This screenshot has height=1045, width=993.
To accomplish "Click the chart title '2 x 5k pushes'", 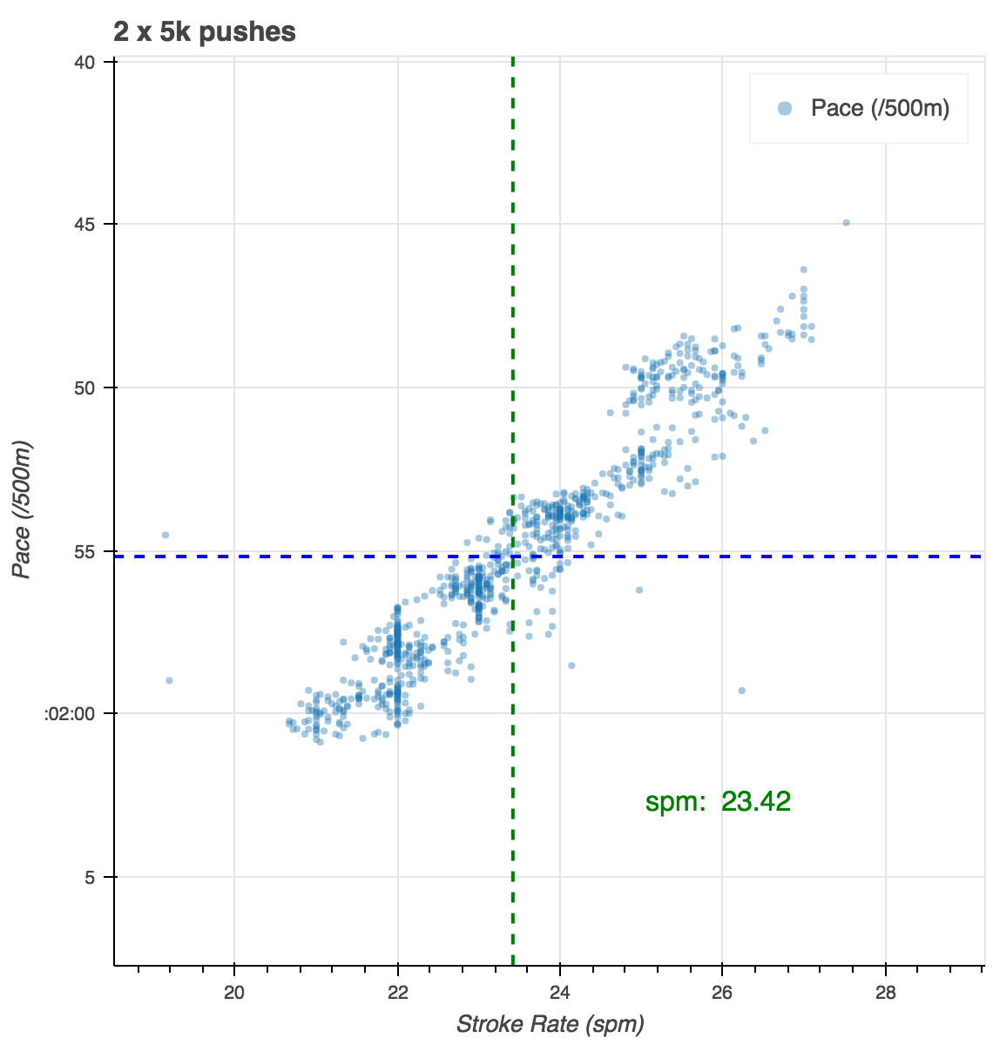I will click(x=205, y=32).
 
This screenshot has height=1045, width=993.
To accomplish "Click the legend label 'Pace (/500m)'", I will click(x=880, y=108).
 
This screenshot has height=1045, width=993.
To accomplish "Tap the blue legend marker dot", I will click(x=785, y=108).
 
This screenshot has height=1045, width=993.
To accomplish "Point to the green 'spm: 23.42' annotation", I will click(x=718, y=801).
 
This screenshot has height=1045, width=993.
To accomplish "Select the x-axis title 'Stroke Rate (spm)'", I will click(x=550, y=1023).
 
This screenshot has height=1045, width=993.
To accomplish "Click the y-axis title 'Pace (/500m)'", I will click(x=24, y=509).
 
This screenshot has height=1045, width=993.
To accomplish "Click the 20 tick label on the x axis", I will click(x=234, y=992).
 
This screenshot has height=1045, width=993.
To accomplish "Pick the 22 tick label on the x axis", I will click(x=397, y=992).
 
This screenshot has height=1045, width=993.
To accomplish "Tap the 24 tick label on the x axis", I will click(x=560, y=992).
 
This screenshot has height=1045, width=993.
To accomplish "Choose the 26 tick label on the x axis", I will click(x=722, y=992).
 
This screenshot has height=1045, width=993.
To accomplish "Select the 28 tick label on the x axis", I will click(x=885, y=992).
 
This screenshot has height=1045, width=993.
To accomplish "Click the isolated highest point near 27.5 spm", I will click(x=846, y=223).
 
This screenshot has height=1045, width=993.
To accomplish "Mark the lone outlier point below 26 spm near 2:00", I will click(x=741, y=691).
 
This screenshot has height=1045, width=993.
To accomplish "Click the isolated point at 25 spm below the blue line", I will click(x=638, y=590).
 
